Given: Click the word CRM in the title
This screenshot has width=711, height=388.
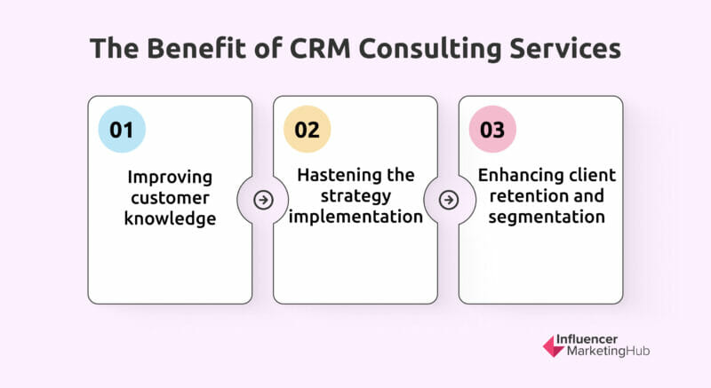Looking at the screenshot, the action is coord(320,48).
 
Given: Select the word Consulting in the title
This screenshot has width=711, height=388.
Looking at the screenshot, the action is coord(430,49).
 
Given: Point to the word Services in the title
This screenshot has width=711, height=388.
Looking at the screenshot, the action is coord(565,48).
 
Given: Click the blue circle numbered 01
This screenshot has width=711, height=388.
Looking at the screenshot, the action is coord(122,130).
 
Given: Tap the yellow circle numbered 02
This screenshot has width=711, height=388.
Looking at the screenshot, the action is coord(307,130).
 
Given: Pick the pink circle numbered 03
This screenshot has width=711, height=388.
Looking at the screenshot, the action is coord(492,130).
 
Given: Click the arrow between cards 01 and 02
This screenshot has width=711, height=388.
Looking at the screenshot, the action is coord(263,200).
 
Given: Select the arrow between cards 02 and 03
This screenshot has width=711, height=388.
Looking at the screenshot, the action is coord(449,200).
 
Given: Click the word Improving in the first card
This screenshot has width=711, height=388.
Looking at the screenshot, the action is coord(170,178).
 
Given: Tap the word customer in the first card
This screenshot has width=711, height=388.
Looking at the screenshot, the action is coord(170,198).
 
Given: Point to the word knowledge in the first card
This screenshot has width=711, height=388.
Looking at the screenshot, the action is coord(170,219).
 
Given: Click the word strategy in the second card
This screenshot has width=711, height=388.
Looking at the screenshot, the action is coord(356,196).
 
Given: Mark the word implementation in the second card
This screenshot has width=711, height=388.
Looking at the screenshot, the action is coord(356,217).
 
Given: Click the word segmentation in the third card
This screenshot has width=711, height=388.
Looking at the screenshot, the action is coord(547,218).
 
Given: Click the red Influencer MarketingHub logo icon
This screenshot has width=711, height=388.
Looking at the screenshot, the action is coord(554,346).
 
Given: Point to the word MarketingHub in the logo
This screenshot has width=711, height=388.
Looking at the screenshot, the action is coord(608,351).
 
